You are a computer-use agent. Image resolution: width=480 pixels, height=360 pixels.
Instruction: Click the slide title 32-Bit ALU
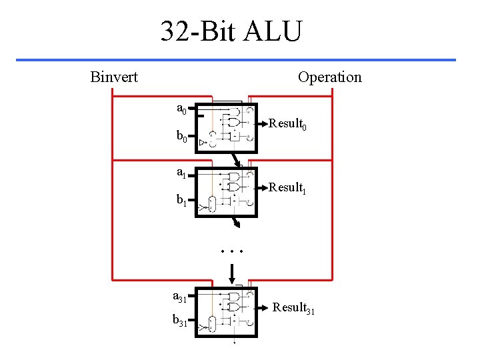pyautogui.click(x=231, y=31)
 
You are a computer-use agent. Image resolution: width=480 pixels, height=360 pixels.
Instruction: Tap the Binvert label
pyautogui.click(x=114, y=77)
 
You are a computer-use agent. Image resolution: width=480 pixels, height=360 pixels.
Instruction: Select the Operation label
pyautogui.click(x=329, y=77)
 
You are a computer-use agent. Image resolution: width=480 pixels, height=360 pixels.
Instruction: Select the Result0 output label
pyautogui.click(x=287, y=125)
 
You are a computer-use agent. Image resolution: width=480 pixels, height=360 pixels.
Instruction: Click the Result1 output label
pyautogui.click(x=287, y=189)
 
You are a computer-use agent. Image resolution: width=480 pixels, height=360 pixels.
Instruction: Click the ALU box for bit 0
pyautogui.click(x=227, y=127)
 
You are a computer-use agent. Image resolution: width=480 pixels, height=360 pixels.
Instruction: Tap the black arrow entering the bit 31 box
pyautogui.click(x=232, y=273)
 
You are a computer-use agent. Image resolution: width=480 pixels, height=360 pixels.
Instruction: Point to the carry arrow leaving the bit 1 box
pyautogui.click(x=235, y=223)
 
